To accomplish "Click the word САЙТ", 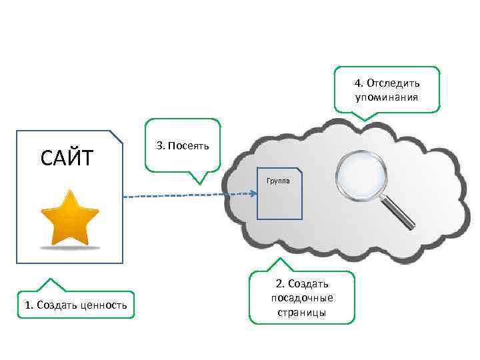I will tap(67, 158).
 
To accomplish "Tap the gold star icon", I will tap(69, 217).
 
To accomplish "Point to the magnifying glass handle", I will tap(399, 212).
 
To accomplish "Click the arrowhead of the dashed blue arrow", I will tap(254, 194).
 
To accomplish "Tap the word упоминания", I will tap(387, 97).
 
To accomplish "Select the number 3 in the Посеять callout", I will tap(159, 145).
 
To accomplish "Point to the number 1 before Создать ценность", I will tap(27, 305).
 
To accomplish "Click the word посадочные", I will tap(302, 297).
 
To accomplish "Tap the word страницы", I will tap(303, 311).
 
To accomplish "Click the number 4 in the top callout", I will tap(357, 83).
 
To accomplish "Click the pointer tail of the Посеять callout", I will tap(198, 178).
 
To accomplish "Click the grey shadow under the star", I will tap(69, 247).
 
